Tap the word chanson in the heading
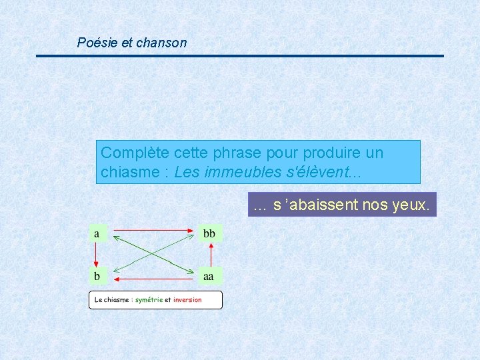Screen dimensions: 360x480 click(161, 43)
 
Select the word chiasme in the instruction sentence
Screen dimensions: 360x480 click(127, 172)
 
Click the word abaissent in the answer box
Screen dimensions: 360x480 click(323, 205)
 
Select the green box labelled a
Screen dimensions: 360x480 click(97, 233)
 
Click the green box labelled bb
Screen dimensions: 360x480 click(209, 233)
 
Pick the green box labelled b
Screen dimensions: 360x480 click(97, 275)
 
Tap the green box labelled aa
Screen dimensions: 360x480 click(209, 275)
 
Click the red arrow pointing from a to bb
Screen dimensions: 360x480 click(154, 230)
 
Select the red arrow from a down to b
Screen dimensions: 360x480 click(97, 254)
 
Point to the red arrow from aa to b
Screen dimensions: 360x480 click(154, 278)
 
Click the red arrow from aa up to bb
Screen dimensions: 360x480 click(211, 254)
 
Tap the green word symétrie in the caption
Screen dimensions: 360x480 click(149, 300)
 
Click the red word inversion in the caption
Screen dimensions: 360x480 click(187, 300)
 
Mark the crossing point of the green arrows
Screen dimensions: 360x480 click(154, 254)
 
